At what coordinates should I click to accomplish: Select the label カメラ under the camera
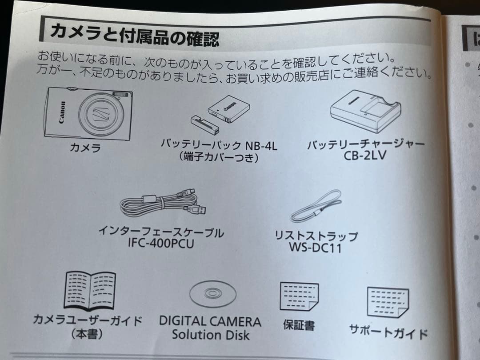(85, 148)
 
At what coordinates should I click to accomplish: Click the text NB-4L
(261, 146)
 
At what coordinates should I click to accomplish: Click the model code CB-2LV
(365, 156)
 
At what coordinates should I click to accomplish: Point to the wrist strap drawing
(316, 207)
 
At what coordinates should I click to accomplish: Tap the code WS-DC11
(315, 247)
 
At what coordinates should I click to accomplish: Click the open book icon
(90, 290)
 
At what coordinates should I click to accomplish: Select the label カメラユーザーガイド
(88, 320)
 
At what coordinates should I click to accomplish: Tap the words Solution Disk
(211, 335)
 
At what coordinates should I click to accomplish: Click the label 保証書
(299, 325)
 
